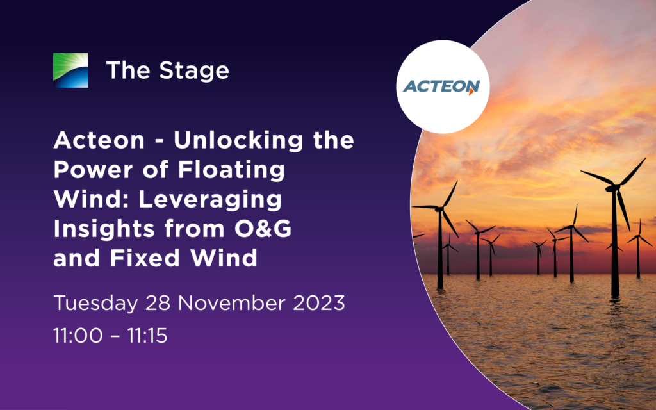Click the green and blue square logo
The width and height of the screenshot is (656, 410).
70,70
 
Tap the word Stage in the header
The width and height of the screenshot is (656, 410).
194,70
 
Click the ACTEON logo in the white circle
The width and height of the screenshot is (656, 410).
441,86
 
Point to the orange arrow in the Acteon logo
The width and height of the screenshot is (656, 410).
472,91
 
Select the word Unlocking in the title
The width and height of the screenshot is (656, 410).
238,140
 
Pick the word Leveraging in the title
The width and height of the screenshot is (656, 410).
210,200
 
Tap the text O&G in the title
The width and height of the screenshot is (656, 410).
263,229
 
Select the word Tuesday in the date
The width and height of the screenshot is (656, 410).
95,303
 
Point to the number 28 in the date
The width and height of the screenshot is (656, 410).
158,303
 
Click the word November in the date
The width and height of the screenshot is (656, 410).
231,303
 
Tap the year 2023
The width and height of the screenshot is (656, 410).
319,303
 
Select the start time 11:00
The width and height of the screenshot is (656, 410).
78,336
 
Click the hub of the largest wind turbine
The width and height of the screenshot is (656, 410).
615,187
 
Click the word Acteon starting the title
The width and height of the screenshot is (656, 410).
99,140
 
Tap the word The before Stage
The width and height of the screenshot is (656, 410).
128,70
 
